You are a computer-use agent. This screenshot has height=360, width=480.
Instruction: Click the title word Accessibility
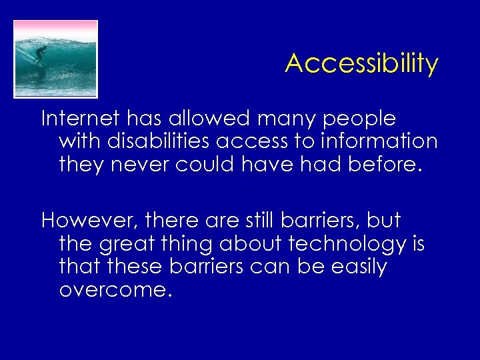[x=361, y=64]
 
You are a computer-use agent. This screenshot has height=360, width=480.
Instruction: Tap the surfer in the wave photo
[x=40, y=55]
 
